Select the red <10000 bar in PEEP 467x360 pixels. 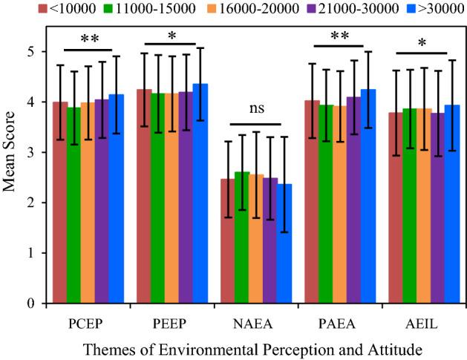pos(145,196)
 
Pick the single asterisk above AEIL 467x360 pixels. pos(421,42)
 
